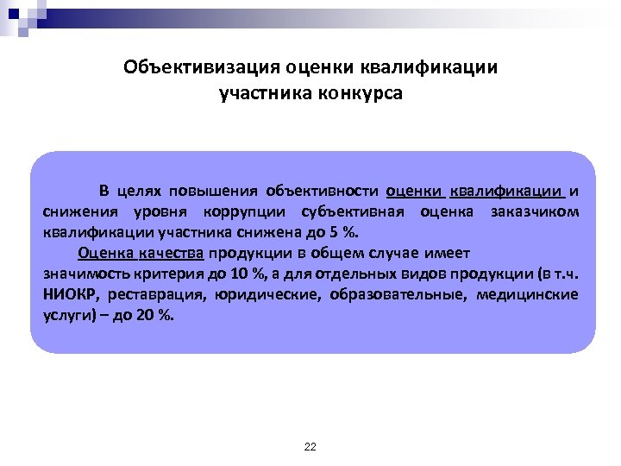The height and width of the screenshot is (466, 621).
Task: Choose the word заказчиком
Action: tap(535, 211)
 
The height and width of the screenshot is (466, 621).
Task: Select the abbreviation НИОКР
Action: tap(67, 294)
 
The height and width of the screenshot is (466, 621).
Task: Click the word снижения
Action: tap(79, 211)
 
